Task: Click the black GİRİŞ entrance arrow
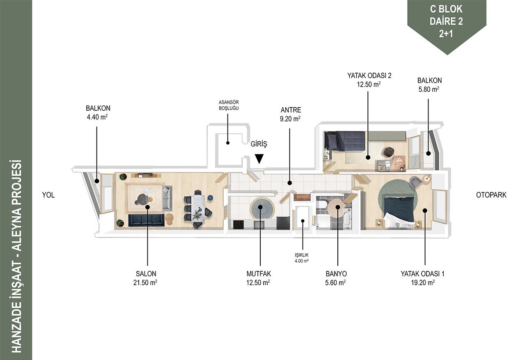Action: point(259,159)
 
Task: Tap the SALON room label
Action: point(146,274)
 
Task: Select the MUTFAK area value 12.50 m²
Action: point(258,283)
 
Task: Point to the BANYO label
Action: point(336,274)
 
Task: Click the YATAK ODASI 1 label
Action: point(422,274)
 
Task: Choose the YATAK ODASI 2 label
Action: point(369,76)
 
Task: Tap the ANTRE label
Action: point(291,110)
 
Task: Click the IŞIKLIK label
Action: point(302,255)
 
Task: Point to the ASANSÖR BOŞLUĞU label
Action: point(229,105)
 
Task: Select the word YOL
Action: point(48,195)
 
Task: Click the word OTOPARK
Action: point(491,195)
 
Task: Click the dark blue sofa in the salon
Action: point(146,220)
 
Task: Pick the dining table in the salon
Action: point(198,208)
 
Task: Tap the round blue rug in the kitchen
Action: point(262,209)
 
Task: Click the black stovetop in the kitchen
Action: point(238,225)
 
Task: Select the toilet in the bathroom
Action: point(321,204)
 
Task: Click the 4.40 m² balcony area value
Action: point(97,117)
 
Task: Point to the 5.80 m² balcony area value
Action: point(429,89)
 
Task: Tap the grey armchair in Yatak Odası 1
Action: point(415,182)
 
